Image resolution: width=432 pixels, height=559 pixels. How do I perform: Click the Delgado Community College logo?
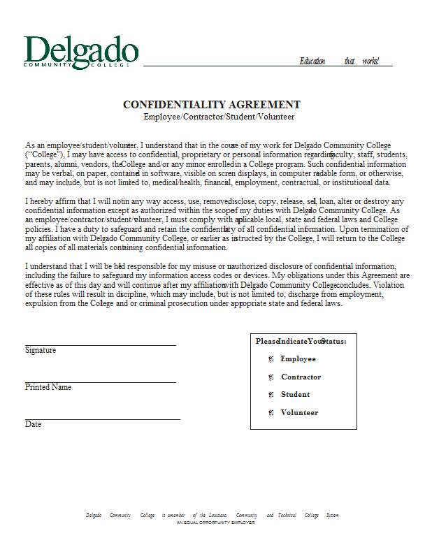pos(80,52)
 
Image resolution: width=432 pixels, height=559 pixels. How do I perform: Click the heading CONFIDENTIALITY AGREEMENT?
pos(212,105)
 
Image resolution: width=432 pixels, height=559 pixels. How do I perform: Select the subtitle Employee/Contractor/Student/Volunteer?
pos(219,117)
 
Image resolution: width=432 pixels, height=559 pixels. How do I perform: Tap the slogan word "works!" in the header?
pos(370,61)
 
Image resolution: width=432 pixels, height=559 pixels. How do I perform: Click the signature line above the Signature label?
pos(100,344)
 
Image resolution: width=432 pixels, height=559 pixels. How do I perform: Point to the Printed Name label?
pos(48,387)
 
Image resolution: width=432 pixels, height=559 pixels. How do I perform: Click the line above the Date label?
pos(102,419)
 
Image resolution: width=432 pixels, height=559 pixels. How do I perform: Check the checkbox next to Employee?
pos(270,359)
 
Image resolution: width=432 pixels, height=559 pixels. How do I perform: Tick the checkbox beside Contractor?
pos(270,377)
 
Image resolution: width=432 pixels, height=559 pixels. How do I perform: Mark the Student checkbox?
pos(270,395)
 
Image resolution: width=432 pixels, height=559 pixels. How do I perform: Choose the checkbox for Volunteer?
pos(270,413)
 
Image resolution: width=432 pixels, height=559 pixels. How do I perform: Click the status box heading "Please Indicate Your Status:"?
pos(301,341)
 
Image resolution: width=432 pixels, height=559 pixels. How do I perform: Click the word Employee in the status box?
pos(298,359)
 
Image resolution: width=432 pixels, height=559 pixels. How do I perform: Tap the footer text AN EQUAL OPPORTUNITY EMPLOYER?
pos(215,522)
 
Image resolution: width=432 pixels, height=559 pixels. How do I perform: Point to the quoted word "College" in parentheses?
pos(45,154)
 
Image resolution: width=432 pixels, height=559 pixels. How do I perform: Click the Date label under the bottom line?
pos(33,424)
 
